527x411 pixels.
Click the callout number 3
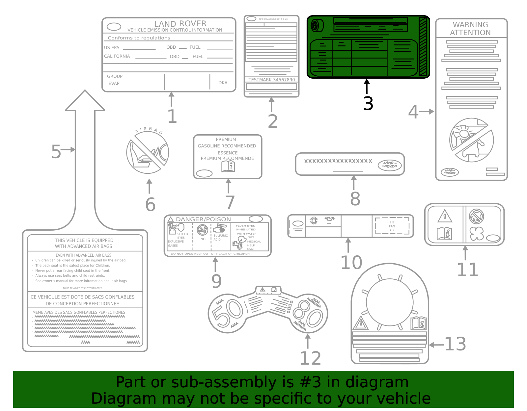tap(368, 104)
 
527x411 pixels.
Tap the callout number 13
tap(455, 344)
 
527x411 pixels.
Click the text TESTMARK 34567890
tap(271, 80)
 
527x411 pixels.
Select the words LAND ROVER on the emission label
tap(180, 24)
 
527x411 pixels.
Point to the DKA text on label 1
tap(223, 83)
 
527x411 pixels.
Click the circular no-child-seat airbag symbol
tap(148, 152)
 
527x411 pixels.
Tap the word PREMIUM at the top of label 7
tap(226, 140)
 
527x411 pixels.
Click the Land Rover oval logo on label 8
tap(389, 165)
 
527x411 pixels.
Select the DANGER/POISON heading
tap(203, 219)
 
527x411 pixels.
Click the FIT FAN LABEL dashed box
tap(392, 226)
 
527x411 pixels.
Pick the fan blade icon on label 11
tap(476, 234)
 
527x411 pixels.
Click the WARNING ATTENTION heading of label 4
tap(470, 29)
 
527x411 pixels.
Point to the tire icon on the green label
tap(317, 25)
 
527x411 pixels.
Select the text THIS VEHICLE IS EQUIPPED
tap(84, 241)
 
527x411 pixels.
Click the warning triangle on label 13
tap(361, 323)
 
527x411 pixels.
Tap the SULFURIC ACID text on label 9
tap(220, 237)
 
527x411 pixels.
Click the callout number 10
tap(351, 263)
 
